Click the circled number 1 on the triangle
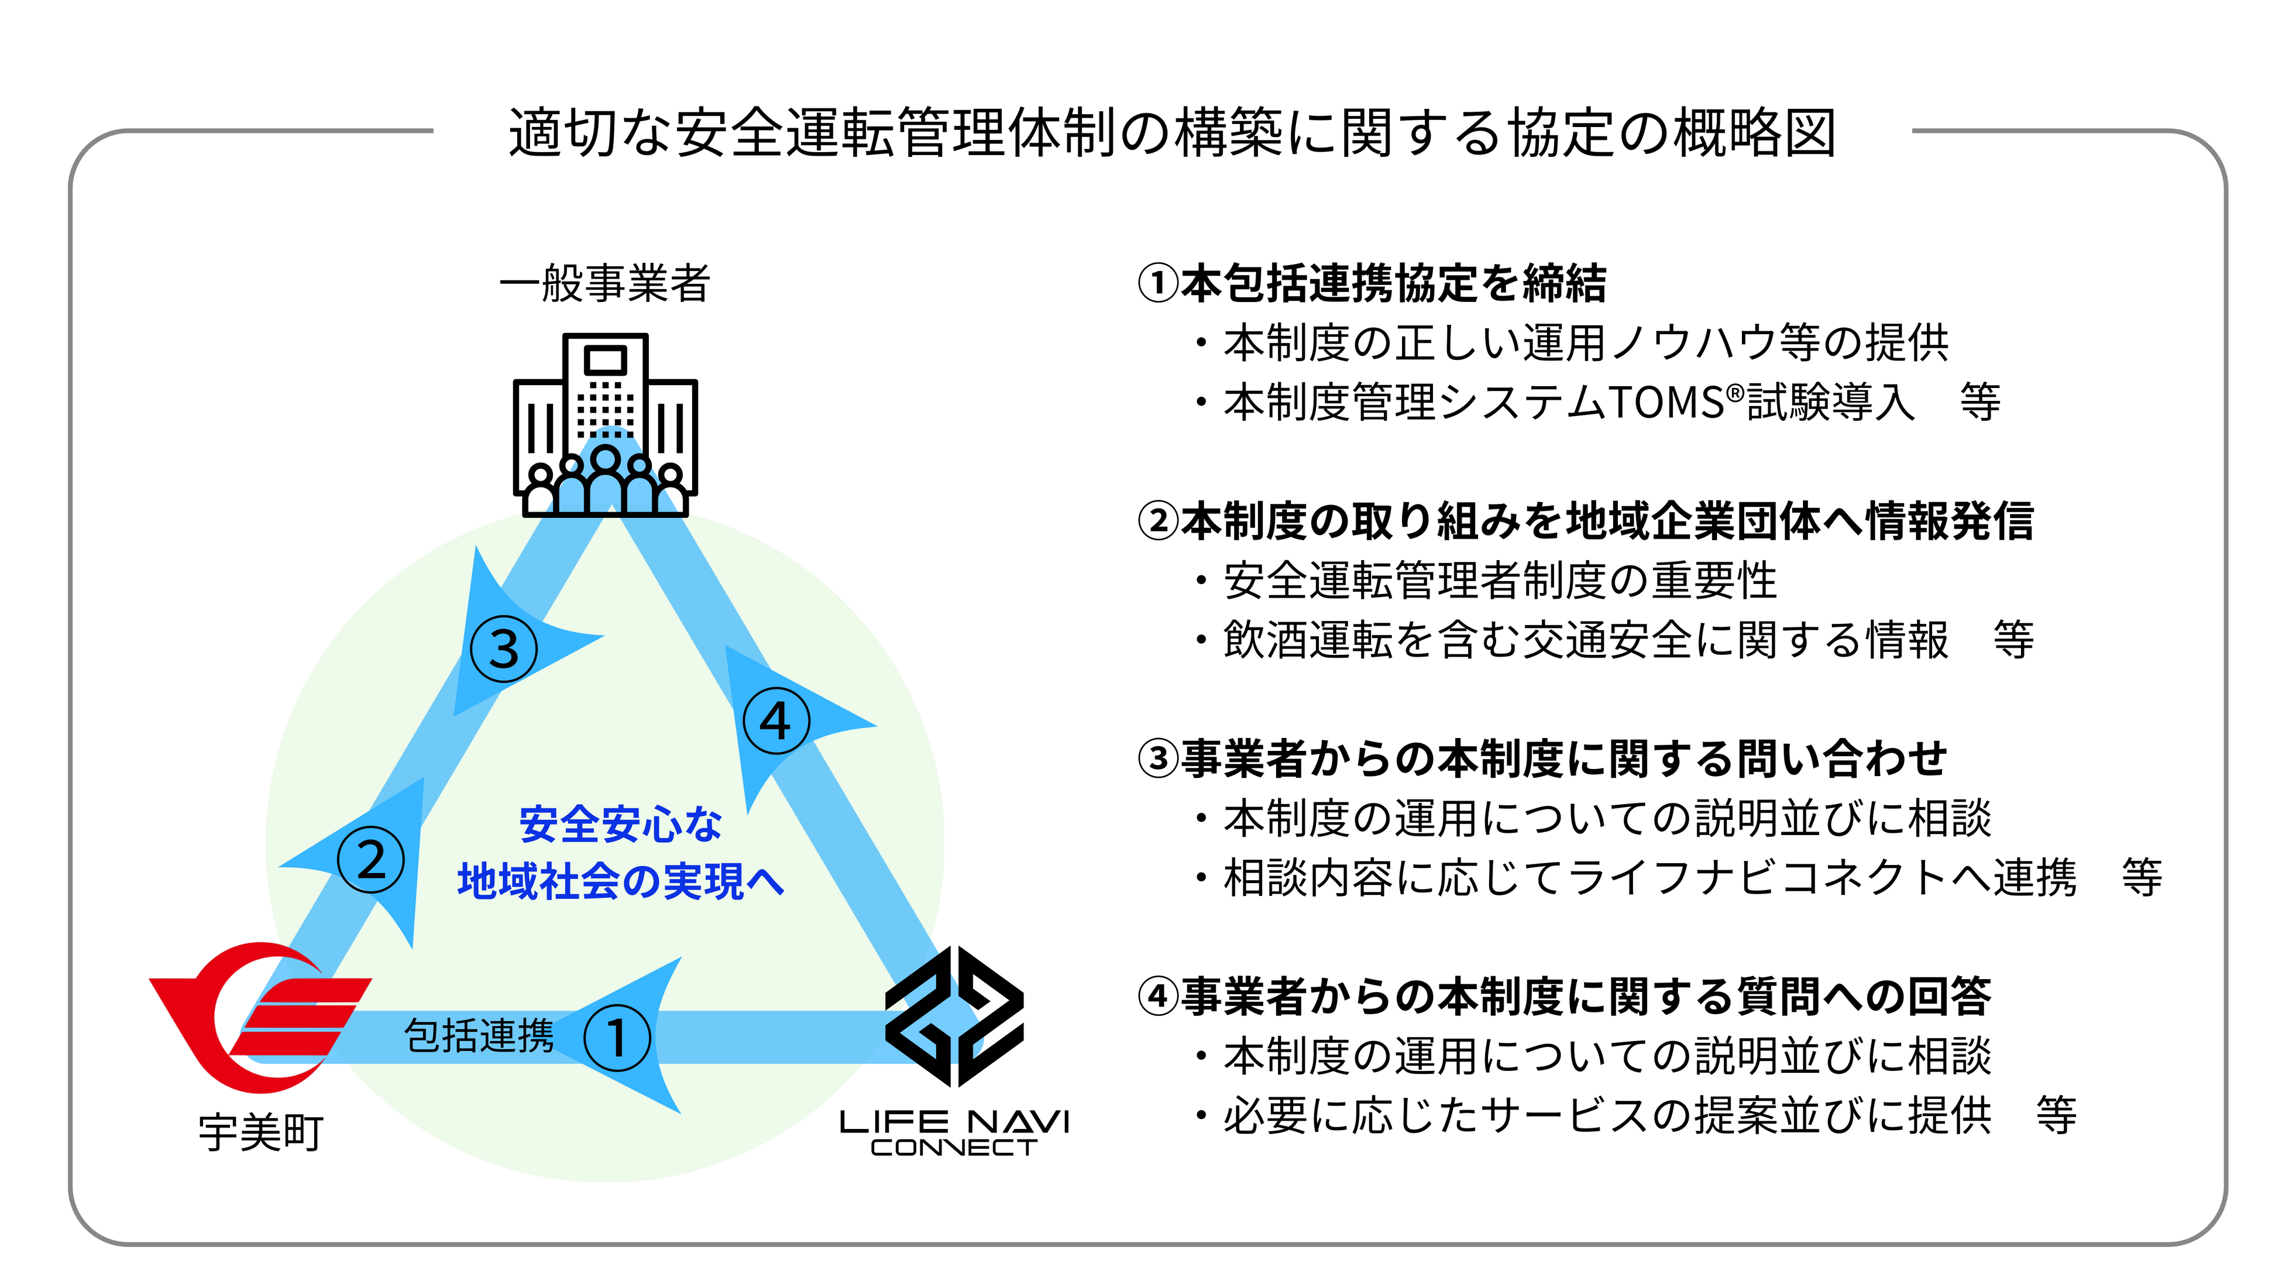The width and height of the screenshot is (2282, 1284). point(617,1038)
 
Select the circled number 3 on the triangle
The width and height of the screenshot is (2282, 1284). point(504,648)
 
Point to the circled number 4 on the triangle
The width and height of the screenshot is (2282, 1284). point(776,720)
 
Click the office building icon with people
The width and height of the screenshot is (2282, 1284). point(605,425)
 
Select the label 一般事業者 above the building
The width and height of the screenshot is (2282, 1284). point(605,284)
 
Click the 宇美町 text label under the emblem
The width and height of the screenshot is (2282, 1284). point(262,1132)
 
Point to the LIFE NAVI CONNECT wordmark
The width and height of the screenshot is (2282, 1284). point(954,1132)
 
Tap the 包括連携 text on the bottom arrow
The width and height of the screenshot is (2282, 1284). point(479,1035)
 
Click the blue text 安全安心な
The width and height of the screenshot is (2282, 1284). point(620,824)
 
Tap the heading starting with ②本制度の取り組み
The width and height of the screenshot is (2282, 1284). point(1586,521)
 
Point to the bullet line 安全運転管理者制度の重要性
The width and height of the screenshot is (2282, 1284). point(1500,581)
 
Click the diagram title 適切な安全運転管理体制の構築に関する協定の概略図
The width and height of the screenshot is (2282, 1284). point(1172,133)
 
